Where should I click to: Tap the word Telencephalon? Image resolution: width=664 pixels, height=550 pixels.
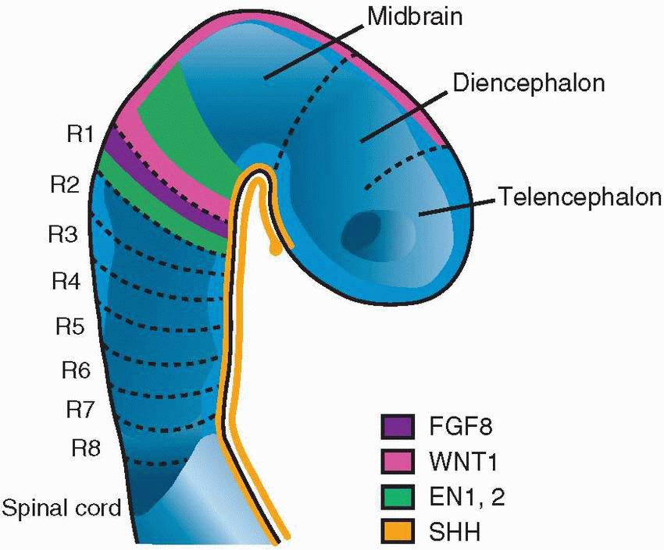click(580, 197)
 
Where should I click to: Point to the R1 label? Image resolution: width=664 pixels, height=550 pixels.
click(80, 134)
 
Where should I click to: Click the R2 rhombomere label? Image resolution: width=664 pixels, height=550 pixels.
click(65, 185)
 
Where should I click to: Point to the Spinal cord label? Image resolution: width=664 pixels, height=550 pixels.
click(62, 509)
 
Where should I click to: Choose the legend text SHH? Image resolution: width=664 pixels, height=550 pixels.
click(448, 533)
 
